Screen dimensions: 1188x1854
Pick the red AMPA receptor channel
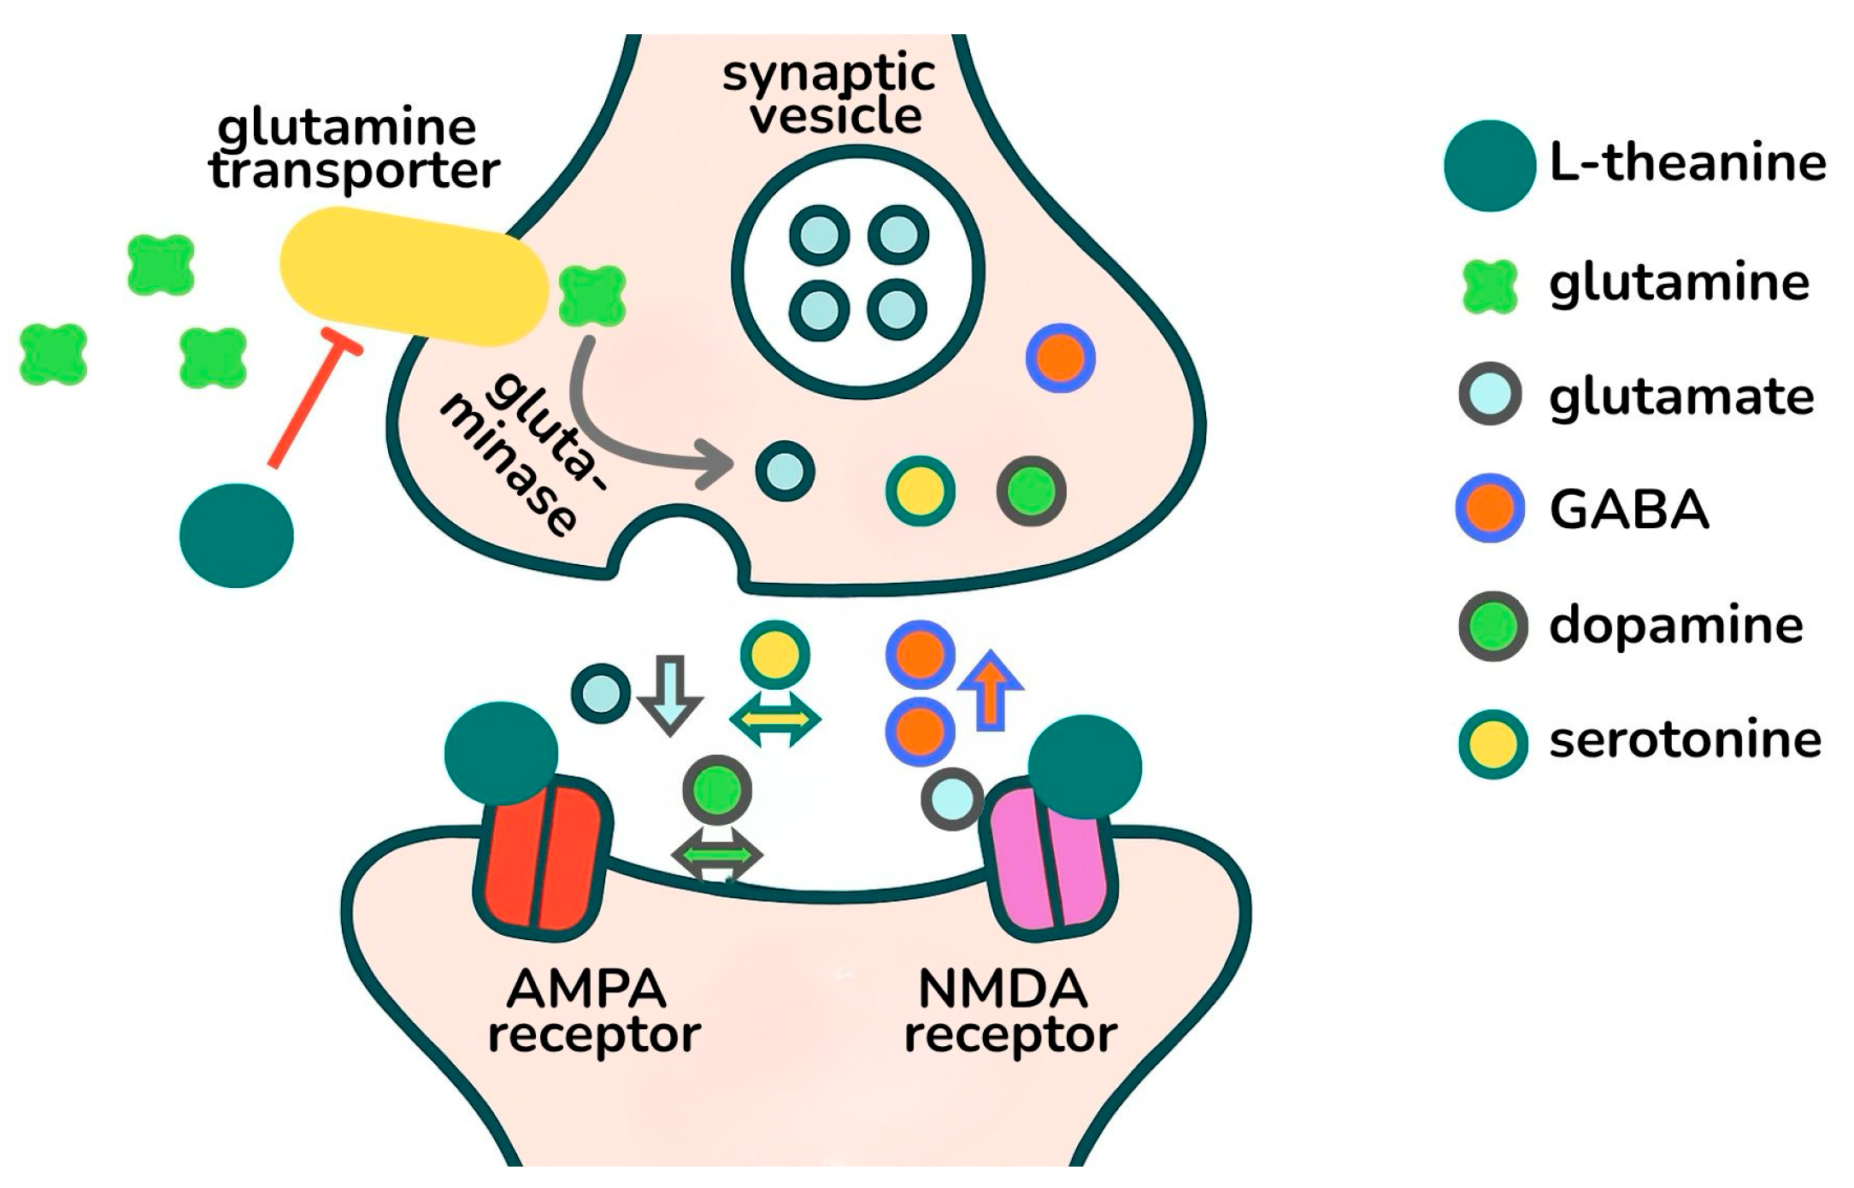[x=542, y=855]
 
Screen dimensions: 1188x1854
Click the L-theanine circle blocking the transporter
[x=237, y=536]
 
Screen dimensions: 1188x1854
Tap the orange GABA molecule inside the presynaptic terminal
[x=1061, y=358]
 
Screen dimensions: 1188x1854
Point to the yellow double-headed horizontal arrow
[x=775, y=719]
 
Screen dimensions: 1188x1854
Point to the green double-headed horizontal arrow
[x=717, y=854]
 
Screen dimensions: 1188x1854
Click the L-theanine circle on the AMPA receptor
[x=501, y=752]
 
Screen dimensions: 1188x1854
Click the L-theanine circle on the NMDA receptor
[x=1084, y=767]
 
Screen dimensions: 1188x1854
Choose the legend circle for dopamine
[x=1492, y=626]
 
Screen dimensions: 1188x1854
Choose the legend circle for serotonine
[x=1492, y=742]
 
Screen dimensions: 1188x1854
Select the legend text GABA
[x=1628, y=511]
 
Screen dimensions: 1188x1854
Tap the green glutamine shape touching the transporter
[x=592, y=296]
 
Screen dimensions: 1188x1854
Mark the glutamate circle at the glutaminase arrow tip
[x=785, y=471]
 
